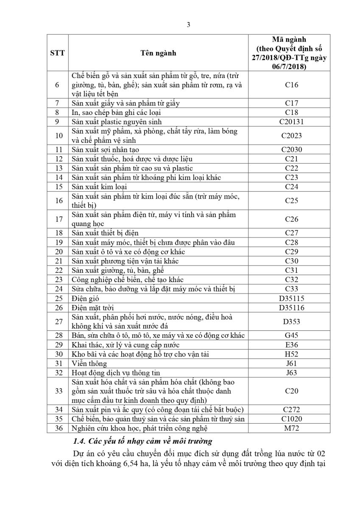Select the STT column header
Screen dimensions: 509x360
(57, 53)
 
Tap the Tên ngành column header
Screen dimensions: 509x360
(159, 53)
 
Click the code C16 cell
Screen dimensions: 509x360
(291, 85)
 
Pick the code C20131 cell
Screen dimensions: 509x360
(291, 122)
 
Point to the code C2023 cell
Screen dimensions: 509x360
(291, 136)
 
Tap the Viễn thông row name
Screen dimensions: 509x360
(89, 364)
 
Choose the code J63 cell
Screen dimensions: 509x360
(291, 373)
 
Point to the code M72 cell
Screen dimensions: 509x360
(291, 428)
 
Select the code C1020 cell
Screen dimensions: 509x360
(291, 419)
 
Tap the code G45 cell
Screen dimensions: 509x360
(291, 336)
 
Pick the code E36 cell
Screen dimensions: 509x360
(291, 345)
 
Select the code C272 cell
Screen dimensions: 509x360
(291, 410)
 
